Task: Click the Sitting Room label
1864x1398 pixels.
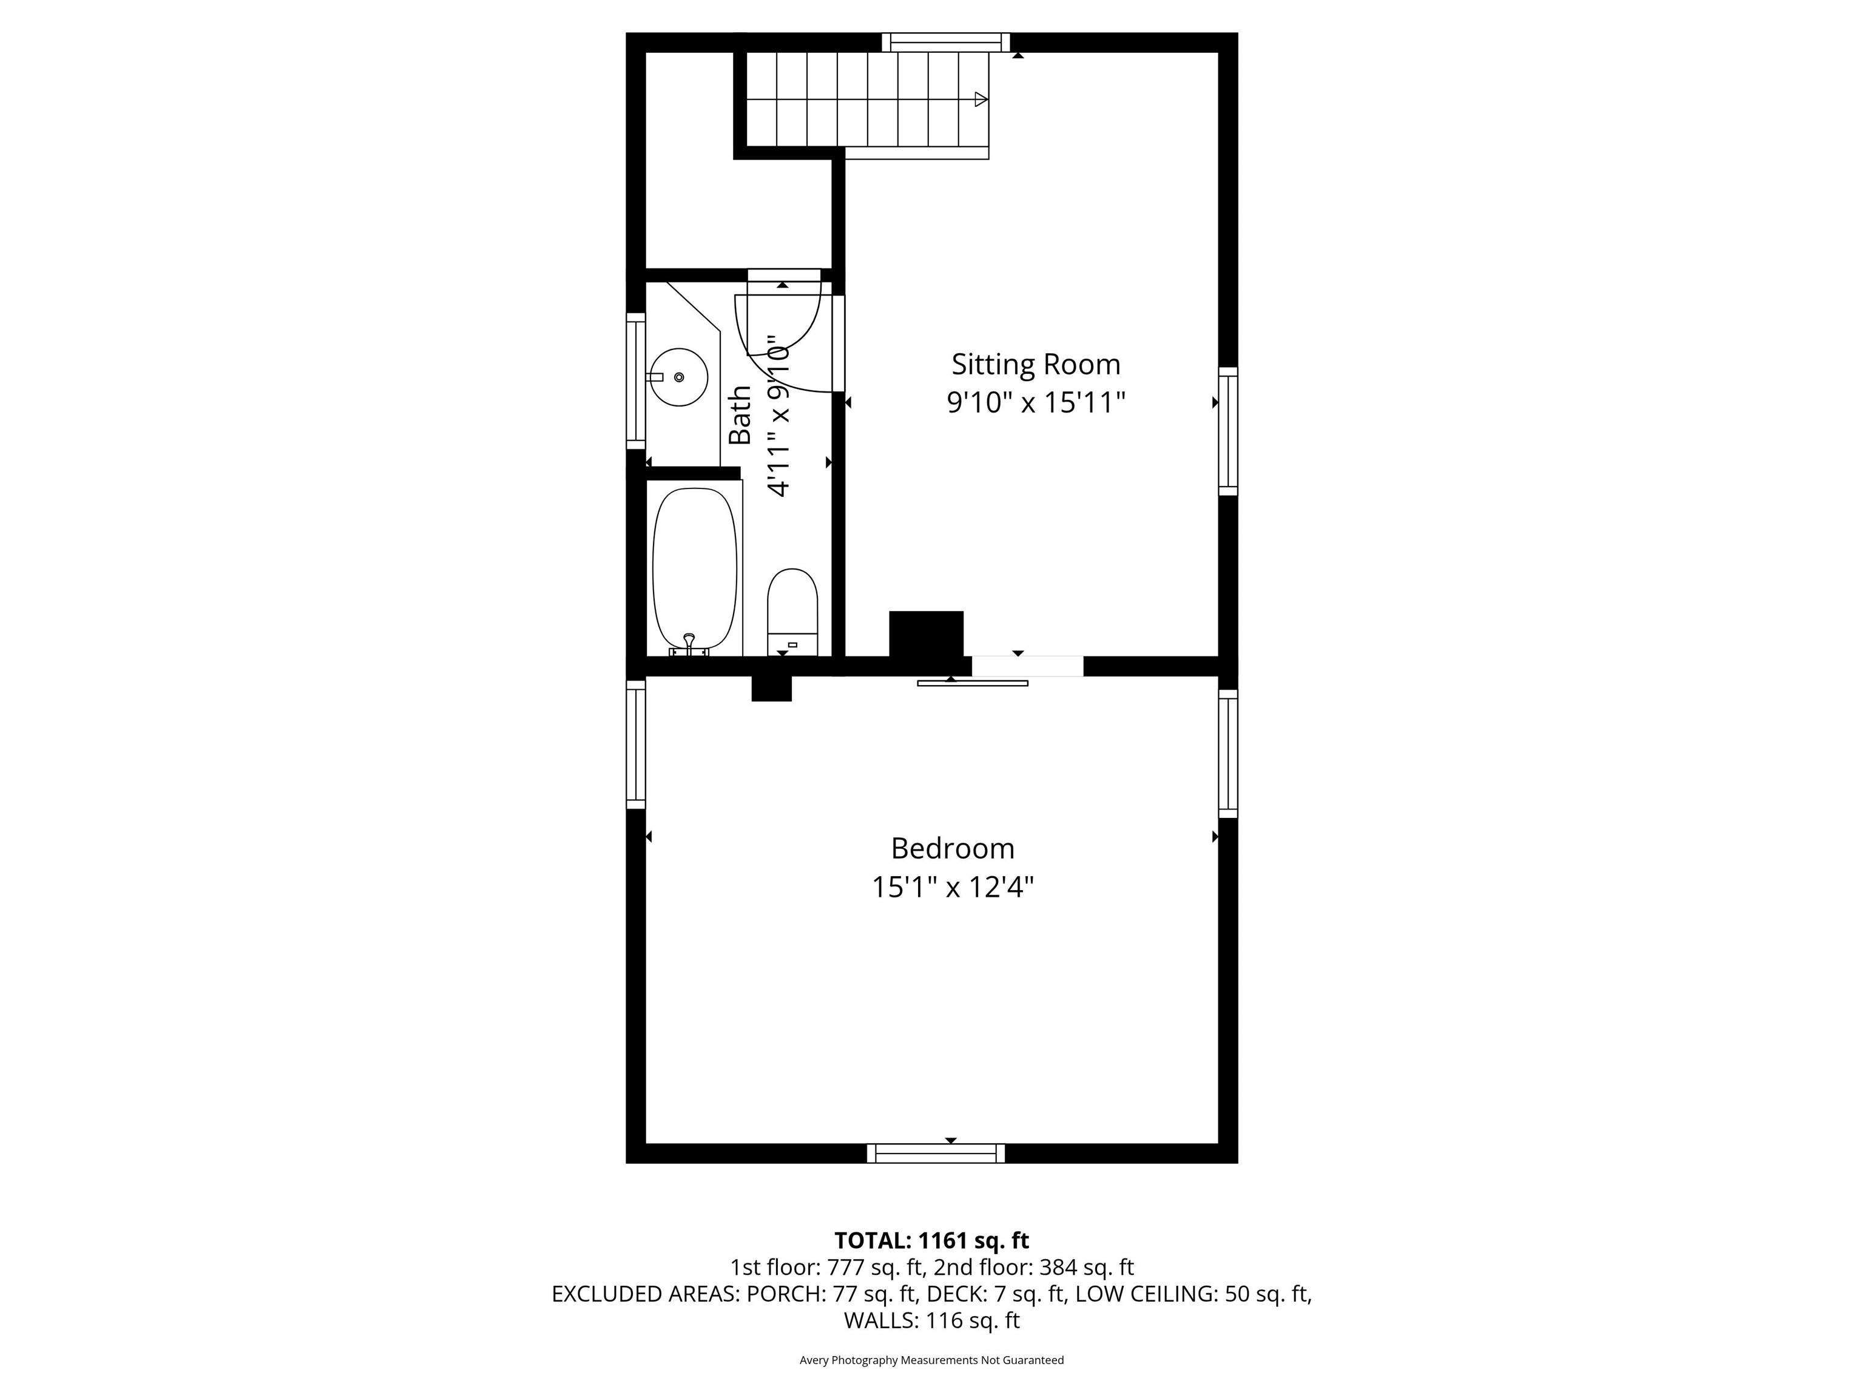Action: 1036,364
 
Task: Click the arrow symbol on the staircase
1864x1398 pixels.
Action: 981,100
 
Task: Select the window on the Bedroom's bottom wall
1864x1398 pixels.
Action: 936,1153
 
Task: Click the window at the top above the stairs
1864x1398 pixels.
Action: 945,42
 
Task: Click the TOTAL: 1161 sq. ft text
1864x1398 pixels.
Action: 931,1240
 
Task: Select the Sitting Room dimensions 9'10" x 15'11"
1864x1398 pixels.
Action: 1036,403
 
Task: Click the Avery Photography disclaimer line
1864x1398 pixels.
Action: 931,1360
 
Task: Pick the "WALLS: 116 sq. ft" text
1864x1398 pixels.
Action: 931,1320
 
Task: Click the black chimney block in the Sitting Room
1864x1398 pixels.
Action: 926,633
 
